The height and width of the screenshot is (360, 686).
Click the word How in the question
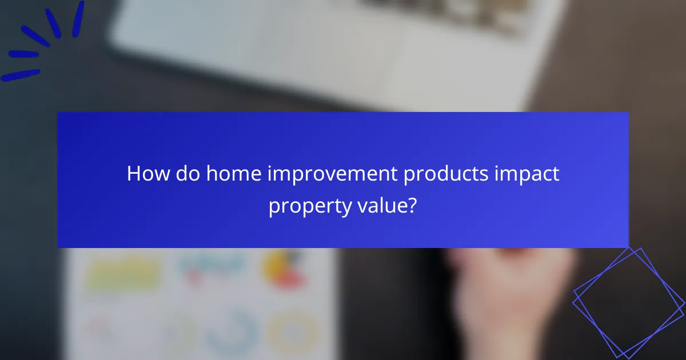coord(146,174)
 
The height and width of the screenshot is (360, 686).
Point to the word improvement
coord(334,174)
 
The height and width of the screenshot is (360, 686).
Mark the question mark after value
coord(412,206)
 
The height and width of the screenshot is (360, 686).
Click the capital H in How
coord(134,174)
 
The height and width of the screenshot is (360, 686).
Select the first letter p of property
coord(274,207)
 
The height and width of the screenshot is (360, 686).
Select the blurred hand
coord(509,297)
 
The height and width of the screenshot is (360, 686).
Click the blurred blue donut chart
coord(229,331)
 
